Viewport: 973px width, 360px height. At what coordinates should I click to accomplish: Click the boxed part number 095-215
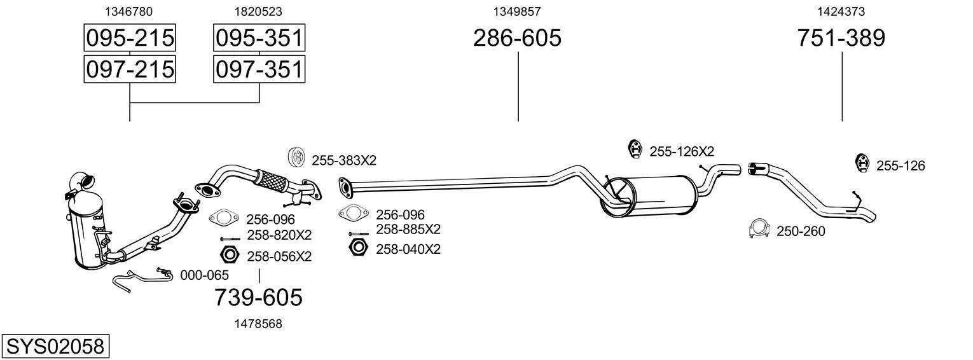click(x=130, y=38)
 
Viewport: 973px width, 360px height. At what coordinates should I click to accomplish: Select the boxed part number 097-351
click(x=259, y=69)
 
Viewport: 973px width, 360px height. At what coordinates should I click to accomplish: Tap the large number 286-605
click(x=517, y=38)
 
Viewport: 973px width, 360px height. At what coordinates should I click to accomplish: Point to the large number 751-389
click(x=841, y=38)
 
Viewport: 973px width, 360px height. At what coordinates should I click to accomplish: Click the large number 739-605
click(x=258, y=297)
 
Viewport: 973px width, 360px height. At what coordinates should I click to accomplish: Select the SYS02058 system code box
click(x=55, y=347)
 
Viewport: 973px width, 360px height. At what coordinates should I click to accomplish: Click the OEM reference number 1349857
click(x=517, y=11)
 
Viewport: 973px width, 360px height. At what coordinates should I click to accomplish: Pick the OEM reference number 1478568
click(x=258, y=324)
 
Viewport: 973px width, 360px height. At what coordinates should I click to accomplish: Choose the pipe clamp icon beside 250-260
click(x=759, y=230)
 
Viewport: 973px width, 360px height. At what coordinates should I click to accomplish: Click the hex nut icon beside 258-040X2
click(x=358, y=247)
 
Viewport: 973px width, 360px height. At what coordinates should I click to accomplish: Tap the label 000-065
click(x=205, y=275)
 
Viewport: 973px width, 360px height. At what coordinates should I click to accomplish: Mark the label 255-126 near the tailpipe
click(x=901, y=166)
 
